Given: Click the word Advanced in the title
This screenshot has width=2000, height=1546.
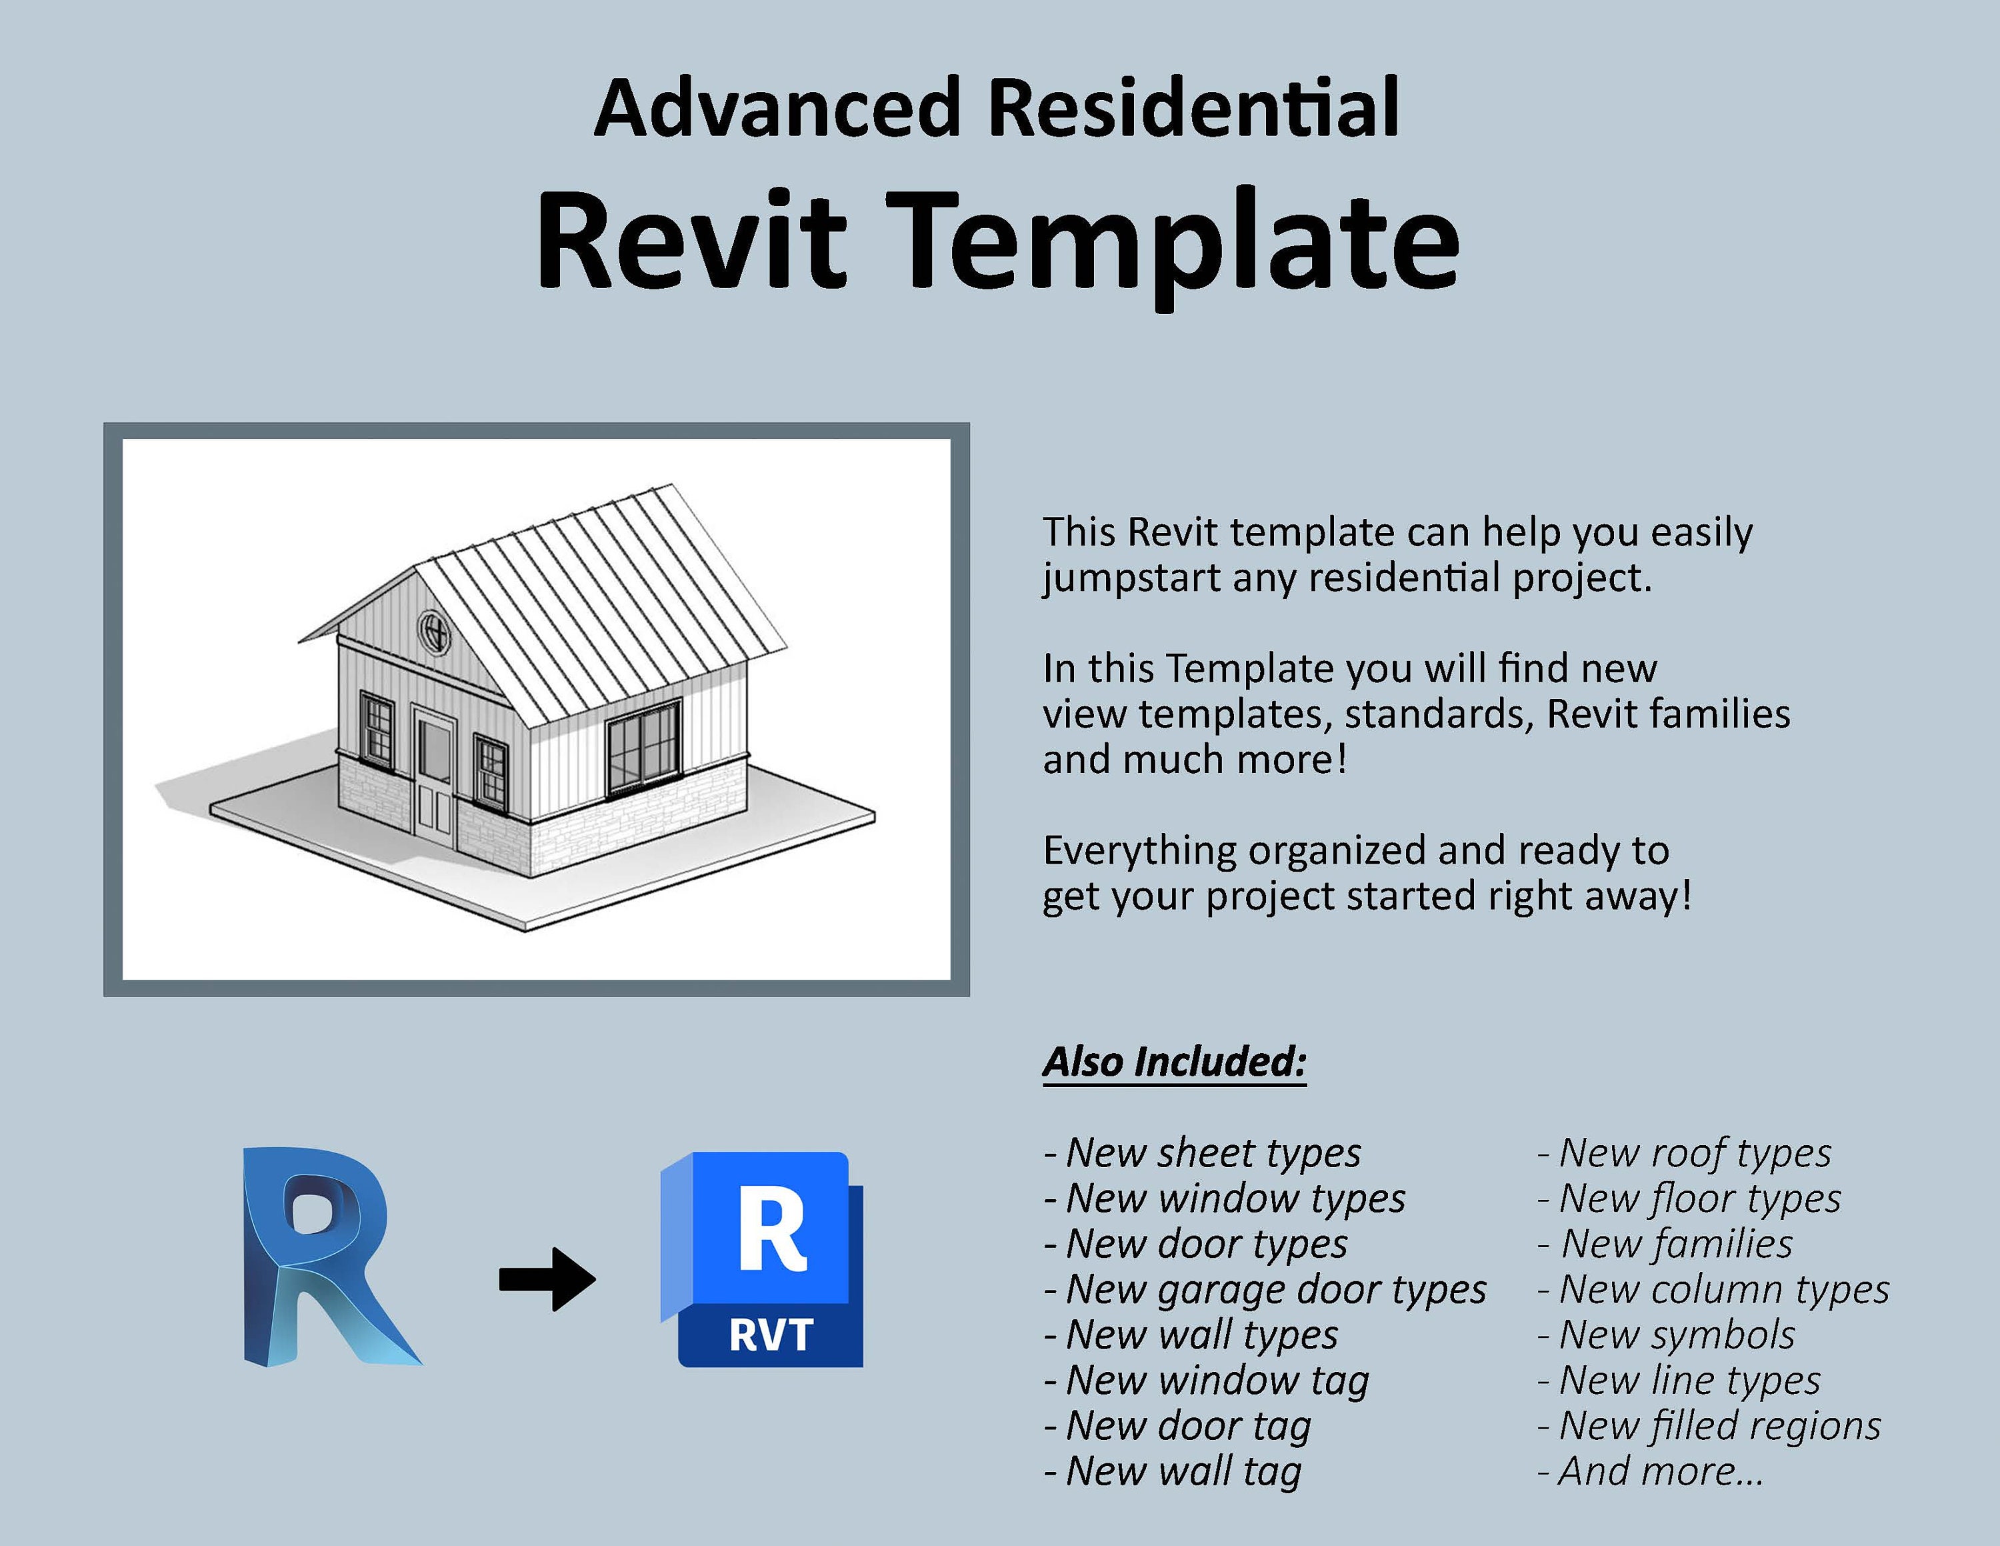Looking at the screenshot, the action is pos(777,108).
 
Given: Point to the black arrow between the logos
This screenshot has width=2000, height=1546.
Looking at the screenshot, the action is pos(547,1279).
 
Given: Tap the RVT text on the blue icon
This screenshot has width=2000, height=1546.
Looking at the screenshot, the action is pos(771,1335).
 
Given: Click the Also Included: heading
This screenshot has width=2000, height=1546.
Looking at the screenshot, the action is pos(1175,1062).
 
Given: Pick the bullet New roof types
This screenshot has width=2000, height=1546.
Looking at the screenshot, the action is pos(1685,1153).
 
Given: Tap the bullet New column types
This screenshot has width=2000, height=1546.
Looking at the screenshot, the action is pos(1713,1289).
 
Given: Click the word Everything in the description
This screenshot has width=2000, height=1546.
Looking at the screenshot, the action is pos(1139,852).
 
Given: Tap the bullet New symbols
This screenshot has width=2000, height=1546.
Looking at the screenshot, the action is pos(1667,1335).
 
